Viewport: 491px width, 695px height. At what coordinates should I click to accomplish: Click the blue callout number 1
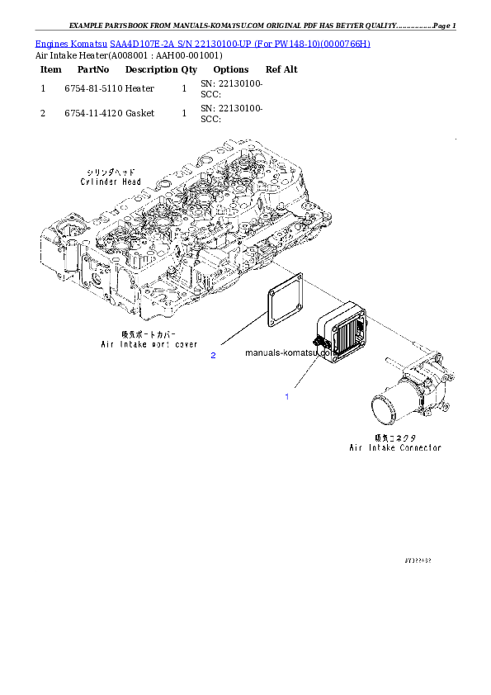(287, 397)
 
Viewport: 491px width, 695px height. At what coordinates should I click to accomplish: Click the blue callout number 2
(213, 355)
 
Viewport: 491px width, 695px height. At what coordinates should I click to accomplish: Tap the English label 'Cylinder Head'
(111, 182)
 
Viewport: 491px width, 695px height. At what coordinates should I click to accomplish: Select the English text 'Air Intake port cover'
(149, 343)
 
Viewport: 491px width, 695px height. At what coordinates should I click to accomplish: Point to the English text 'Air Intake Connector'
(394, 447)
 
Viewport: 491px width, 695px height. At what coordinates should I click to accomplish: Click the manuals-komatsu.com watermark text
(289, 352)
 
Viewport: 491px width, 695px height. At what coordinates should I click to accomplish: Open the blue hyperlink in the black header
(202, 43)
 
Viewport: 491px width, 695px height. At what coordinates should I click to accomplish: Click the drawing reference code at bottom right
(418, 560)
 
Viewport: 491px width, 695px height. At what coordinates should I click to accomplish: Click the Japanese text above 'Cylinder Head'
(111, 171)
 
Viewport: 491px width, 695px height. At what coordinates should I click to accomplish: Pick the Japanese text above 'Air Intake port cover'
(148, 333)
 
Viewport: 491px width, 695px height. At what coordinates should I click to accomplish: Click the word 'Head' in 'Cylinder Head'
(131, 182)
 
